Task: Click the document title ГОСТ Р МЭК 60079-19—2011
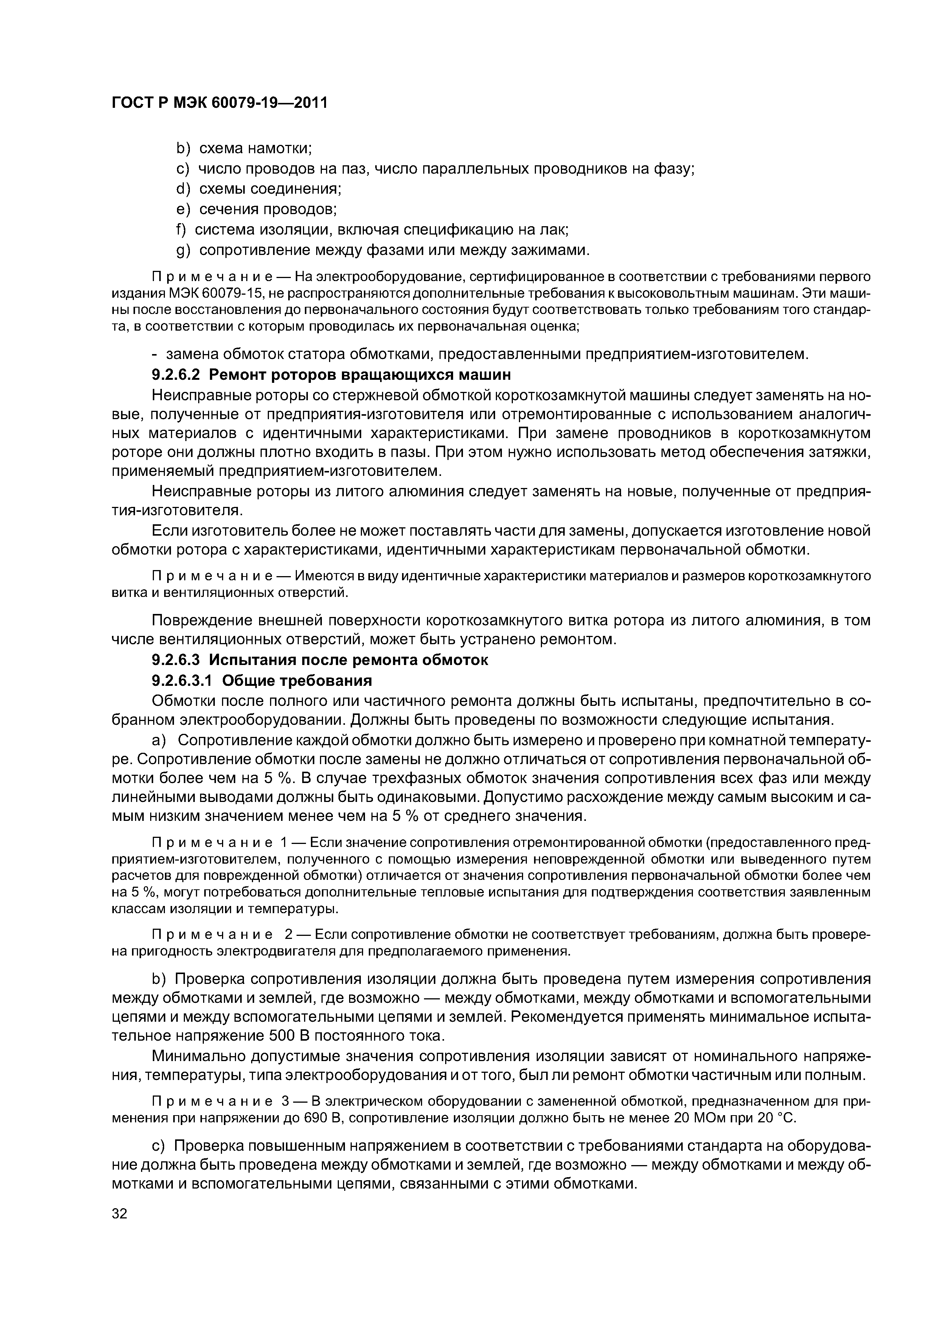pyautogui.click(x=219, y=103)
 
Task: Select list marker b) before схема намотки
pyautogui.click(x=183, y=149)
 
